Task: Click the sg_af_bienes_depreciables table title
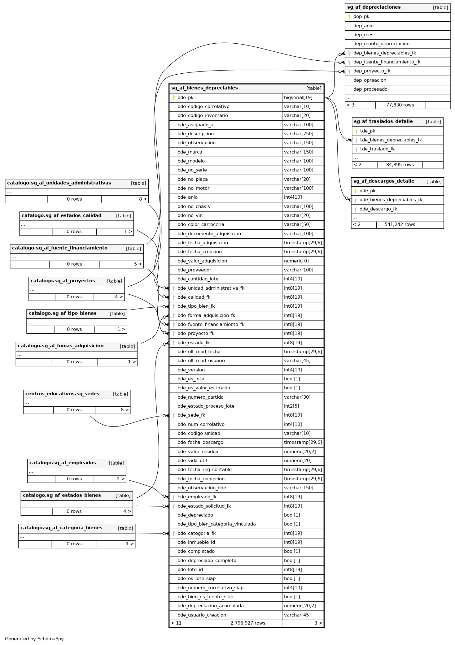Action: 204,88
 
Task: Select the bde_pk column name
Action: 185,97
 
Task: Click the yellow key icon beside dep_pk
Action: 349,17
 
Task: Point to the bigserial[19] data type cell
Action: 298,97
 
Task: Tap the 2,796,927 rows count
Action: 247,623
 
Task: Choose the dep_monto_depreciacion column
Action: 381,44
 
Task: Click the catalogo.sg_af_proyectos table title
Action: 63,281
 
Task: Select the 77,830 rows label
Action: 400,105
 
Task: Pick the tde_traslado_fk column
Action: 377,149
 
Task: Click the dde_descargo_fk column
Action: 378,209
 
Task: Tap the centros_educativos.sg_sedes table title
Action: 62,394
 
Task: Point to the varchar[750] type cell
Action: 299,134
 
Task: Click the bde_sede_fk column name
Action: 191,415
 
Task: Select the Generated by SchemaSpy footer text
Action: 34,639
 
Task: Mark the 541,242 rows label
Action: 400,224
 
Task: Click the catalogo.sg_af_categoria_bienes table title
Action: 61,528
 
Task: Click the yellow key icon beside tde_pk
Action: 356,131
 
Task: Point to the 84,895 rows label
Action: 400,165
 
